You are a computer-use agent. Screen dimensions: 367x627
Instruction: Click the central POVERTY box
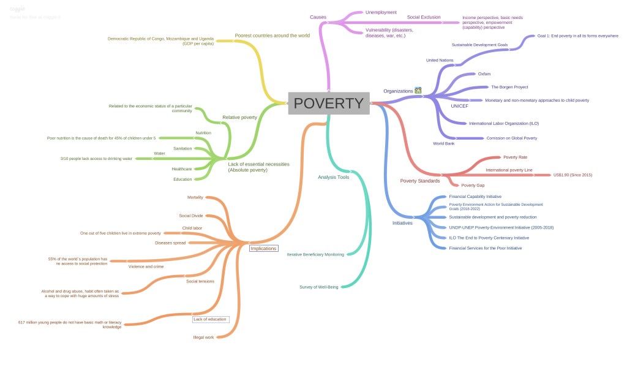pos(329,104)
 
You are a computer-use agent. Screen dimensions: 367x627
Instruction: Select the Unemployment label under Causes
pos(381,12)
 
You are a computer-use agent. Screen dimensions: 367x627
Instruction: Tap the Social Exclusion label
pos(424,17)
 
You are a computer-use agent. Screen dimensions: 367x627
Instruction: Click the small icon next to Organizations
pos(418,91)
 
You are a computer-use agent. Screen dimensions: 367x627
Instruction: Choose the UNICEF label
pos(459,106)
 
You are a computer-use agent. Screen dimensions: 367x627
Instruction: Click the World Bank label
pos(443,143)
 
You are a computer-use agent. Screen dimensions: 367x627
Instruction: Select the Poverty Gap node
pos(472,185)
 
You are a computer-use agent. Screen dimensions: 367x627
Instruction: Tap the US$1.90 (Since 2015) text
pos(573,175)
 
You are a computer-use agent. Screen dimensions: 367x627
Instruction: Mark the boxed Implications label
pos(263,249)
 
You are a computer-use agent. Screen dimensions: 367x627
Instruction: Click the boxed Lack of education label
pos(210,319)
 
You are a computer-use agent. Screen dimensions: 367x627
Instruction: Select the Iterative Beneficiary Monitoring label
pos(315,254)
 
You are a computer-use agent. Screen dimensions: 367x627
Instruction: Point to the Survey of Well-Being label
pos(318,287)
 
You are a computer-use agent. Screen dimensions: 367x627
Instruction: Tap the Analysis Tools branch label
pos(333,177)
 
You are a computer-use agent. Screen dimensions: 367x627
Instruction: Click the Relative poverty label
pos(239,117)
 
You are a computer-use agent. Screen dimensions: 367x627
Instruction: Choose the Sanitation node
pos(182,149)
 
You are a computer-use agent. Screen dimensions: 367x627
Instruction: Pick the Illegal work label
pos(203,338)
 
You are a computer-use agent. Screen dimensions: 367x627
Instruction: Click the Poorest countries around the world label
pos(272,36)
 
